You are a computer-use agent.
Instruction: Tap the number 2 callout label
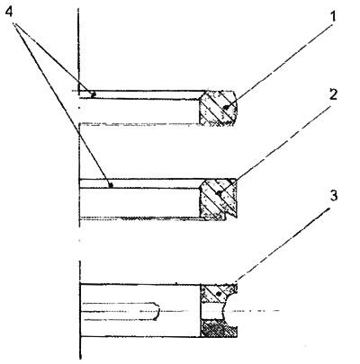click(x=332, y=94)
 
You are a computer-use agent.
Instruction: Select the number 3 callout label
click(x=333, y=195)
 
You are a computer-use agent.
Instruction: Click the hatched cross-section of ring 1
click(x=219, y=108)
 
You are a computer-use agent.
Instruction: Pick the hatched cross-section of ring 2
click(x=219, y=200)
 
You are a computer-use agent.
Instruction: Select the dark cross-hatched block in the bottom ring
click(x=219, y=329)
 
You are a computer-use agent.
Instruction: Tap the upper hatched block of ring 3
click(x=217, y=293)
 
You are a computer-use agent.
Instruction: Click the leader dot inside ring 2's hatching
click(x=220, y=194)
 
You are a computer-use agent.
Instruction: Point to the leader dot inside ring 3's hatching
click(x=219, y=294)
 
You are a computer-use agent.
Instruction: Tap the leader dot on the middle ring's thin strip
click(x=111, y=185)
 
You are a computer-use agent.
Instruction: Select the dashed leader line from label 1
click(x=279, y=67)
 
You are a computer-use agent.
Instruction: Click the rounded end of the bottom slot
click(x=157, y=312)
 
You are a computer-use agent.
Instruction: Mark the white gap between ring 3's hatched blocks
click(x=211, y=311)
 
